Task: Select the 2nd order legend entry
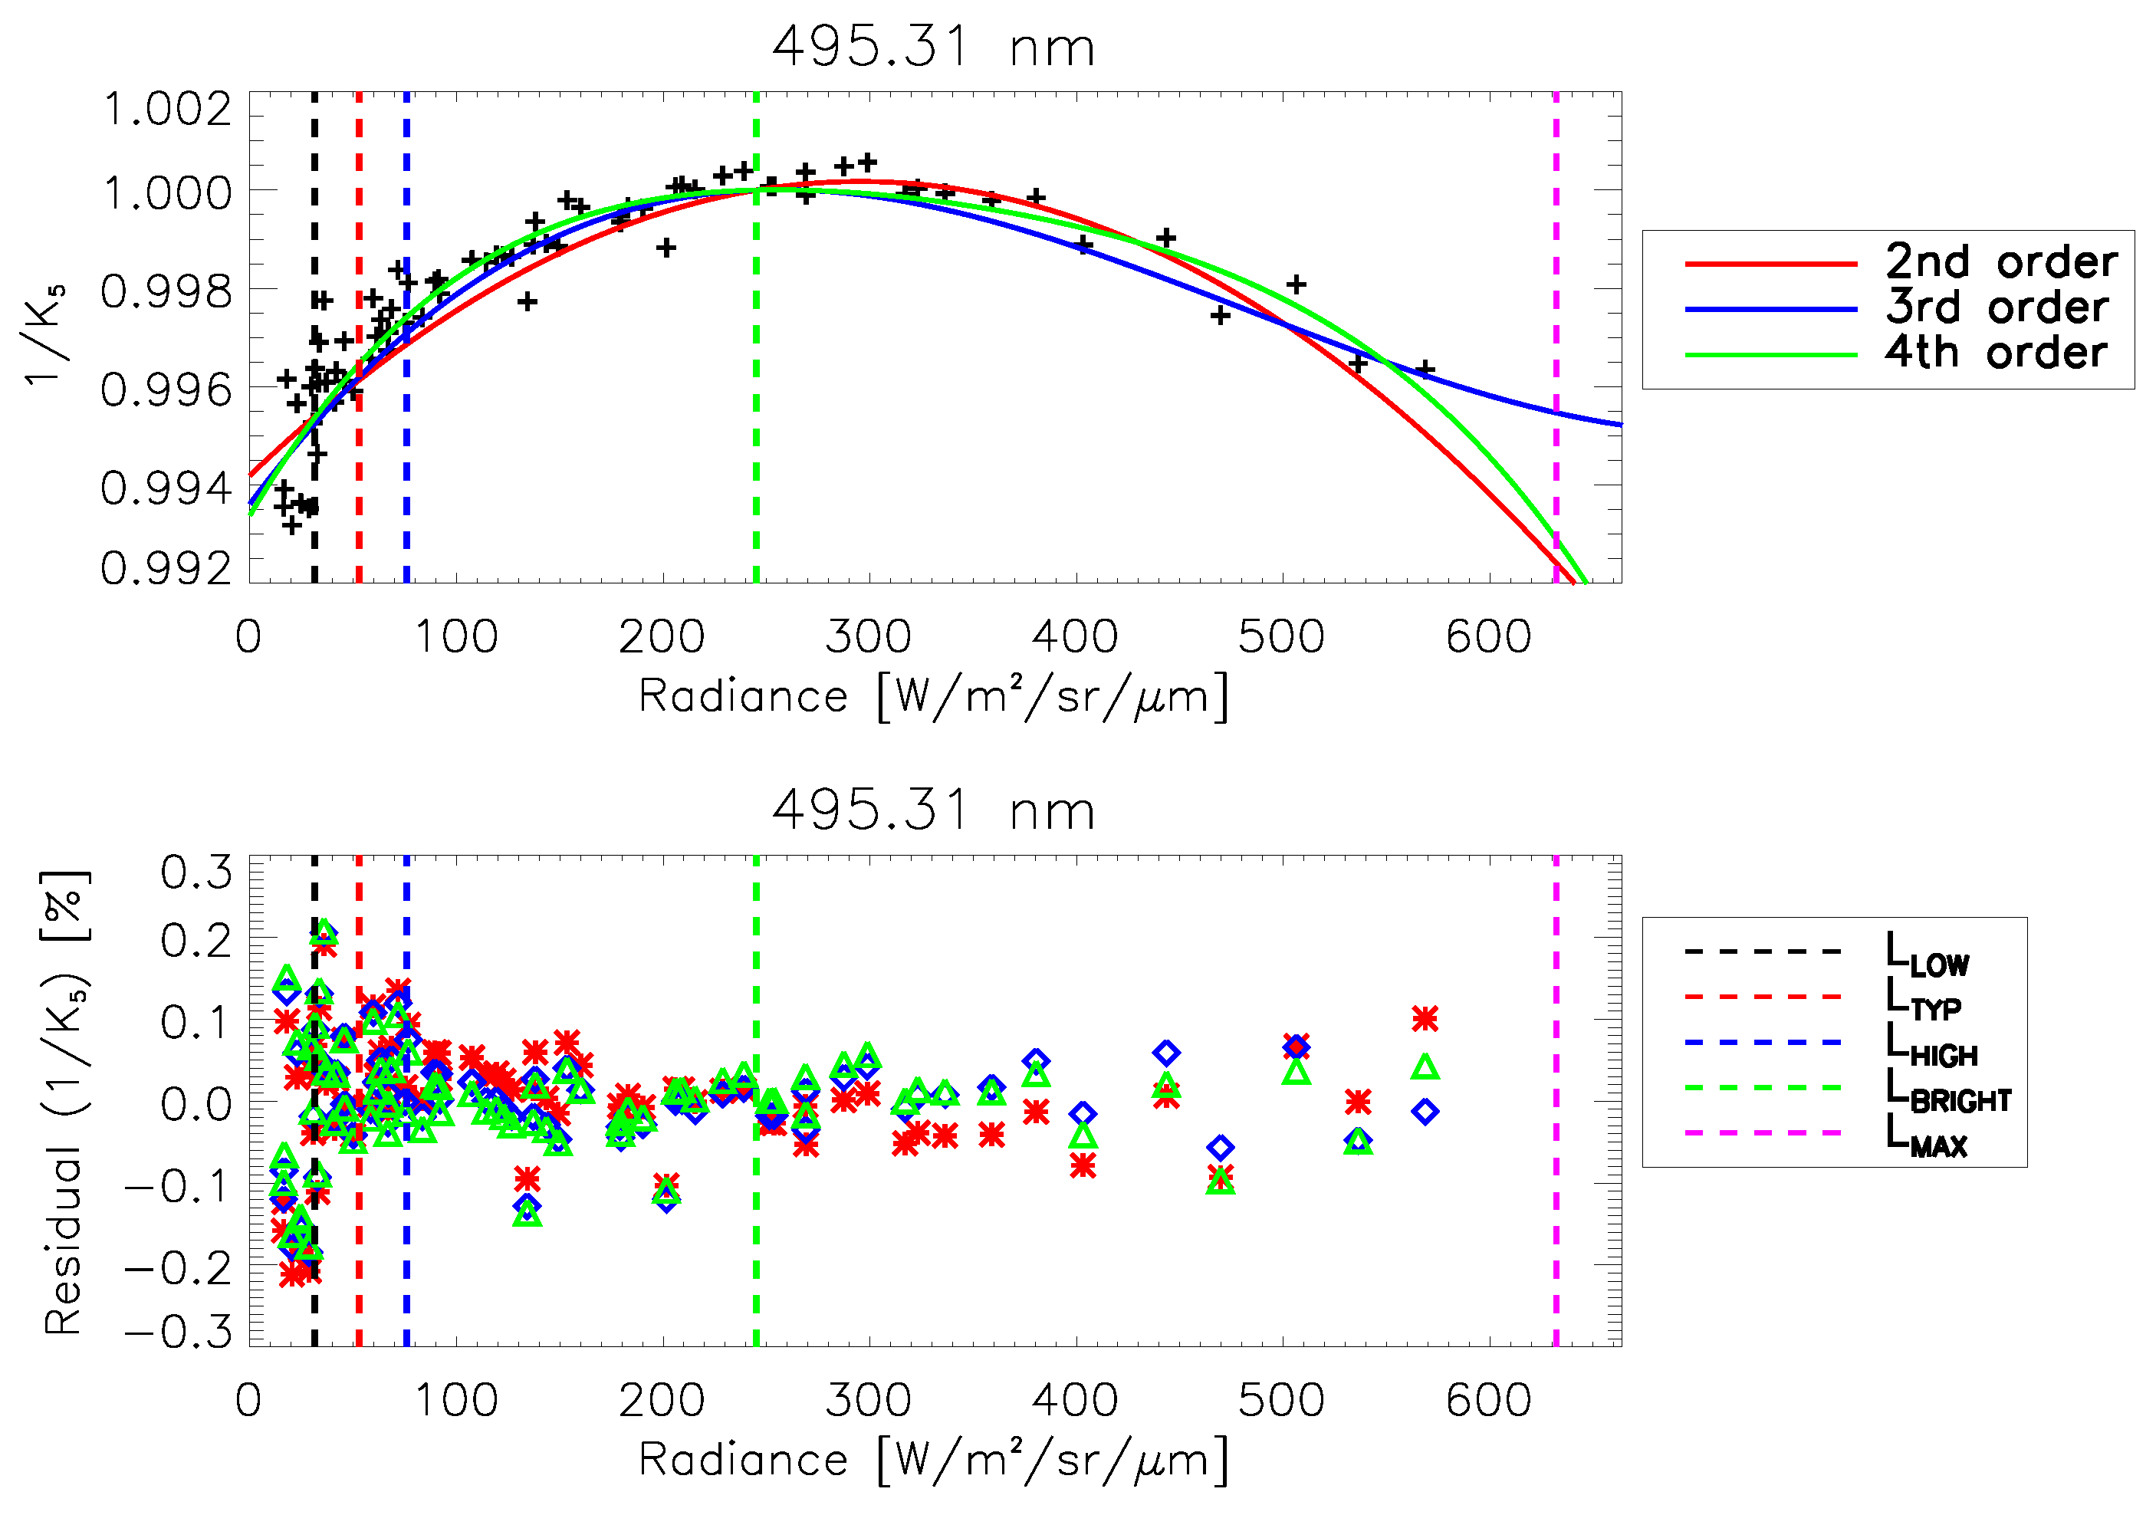(x=2000, y=262)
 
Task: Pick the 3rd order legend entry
(x=1997, y=307)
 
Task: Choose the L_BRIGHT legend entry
(x=1948, y=1090)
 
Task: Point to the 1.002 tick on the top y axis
(x=167, y=109)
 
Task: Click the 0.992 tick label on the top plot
(x=167, y=568)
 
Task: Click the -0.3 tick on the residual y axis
(x=179, y=1332)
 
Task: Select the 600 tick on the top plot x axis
(x=1488, y=637)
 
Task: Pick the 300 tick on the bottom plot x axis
(x=869, y=1401)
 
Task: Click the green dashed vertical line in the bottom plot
(x=756, y=1221)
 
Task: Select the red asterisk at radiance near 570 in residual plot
(x=1425, y=1018)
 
